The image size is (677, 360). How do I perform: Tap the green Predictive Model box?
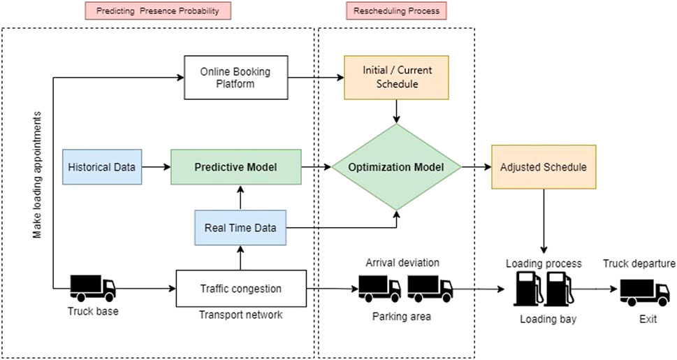click(236, 167)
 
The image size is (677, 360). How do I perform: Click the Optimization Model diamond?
click(396, 168)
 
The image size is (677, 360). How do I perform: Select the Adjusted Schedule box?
click(544, 168)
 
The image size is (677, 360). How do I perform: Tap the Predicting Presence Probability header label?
click(158, 11)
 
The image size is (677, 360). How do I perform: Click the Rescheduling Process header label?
click(396, 11)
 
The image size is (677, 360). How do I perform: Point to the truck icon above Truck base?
click(93, 287)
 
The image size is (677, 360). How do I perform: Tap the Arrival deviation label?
click(402, 263)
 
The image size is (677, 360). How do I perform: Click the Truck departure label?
click(639, 264)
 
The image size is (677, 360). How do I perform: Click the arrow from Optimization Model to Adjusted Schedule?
click(476, 168)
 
